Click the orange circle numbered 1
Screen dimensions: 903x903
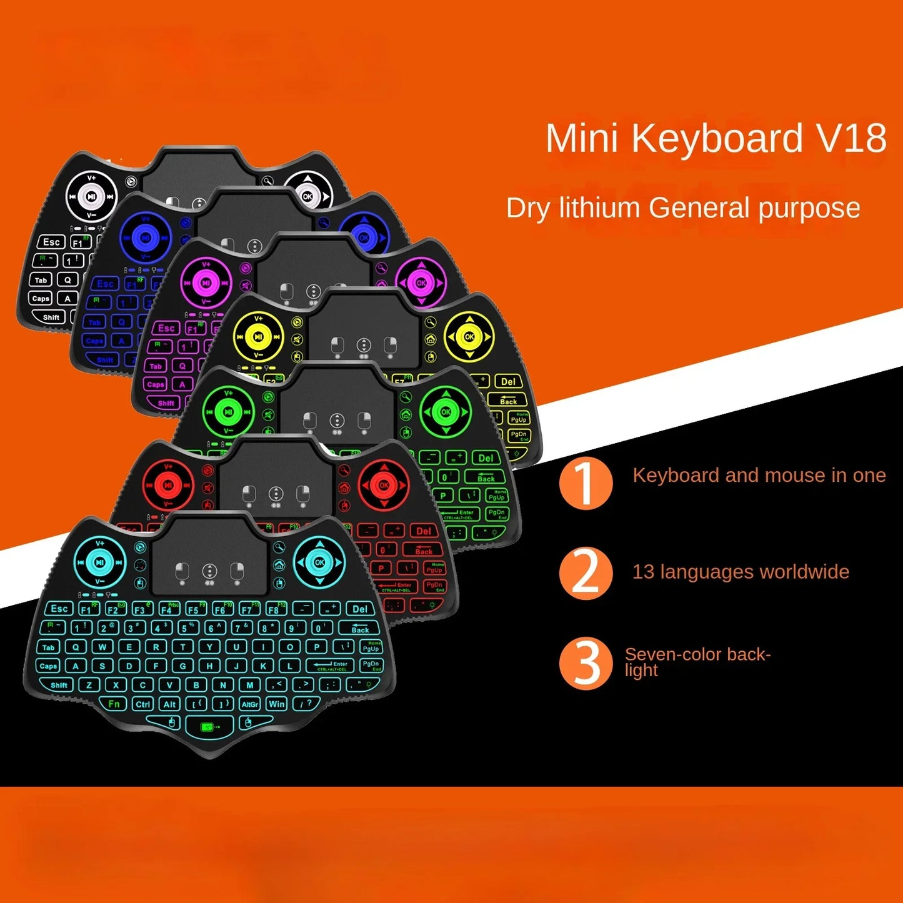pyautogui.click(x=586, y=483)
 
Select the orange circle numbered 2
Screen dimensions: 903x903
pyautogui.click(x=586, y=573)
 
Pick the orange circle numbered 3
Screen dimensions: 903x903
pyautogui.click(x=586, y=663)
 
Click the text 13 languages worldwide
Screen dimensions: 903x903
pyautogui.click(x=741, y=572)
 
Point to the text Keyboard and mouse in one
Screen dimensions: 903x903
pyautogui.click(x=759, y=476)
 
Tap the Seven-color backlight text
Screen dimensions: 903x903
pyautogui.click(x=697, y=662)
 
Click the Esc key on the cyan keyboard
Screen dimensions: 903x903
pyautogui.click(x=59, y=608)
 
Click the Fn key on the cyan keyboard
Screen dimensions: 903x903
pyautogui.click(x=114, y=704)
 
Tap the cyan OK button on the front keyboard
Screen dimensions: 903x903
pyautogui.click(x=319, y=562)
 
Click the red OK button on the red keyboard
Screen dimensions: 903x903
pyautogui.click(x=384, y=485)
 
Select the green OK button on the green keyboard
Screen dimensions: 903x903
pyautogui.click(x=446, y=412)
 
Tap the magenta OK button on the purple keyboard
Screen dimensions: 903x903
pyautogui.click(x=421, y=282)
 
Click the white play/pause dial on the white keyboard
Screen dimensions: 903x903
pyautogui.click(x=91, y=196)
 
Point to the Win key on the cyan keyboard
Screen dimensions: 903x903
pyautogui.click(x=276, y=704)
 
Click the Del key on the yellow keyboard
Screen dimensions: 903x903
pyautogui.click(x=508, y=381)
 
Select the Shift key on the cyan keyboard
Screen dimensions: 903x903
pyautogui.click(x=59, y=685)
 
